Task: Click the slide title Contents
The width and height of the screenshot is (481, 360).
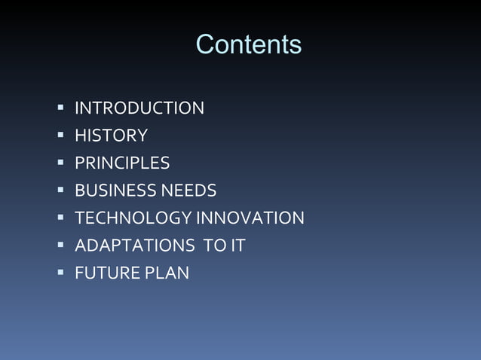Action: (249, 44)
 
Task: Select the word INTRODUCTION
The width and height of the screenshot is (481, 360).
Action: (139, 108)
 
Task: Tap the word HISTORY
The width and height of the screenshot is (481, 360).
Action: (111, 136)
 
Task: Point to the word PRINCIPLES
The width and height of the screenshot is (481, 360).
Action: (122, 163)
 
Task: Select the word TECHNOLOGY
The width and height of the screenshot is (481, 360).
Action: (133, 218)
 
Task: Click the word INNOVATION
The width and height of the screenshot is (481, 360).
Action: (250, 218)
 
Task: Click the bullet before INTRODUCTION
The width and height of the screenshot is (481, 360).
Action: (60, 108)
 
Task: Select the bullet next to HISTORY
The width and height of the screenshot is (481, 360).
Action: (60, 136)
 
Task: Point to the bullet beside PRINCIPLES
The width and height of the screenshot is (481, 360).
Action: (60, 163)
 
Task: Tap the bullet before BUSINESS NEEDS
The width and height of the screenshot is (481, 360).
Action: (60, 191)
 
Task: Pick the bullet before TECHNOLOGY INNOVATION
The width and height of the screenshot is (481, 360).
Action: (60, 218)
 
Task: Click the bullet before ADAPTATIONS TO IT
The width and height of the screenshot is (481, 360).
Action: (60, 245)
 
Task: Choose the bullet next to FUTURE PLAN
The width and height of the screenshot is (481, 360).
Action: (60, 273)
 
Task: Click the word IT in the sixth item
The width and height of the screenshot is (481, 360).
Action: (237, 246)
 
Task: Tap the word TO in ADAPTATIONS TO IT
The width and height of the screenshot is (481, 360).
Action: (216, 246)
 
